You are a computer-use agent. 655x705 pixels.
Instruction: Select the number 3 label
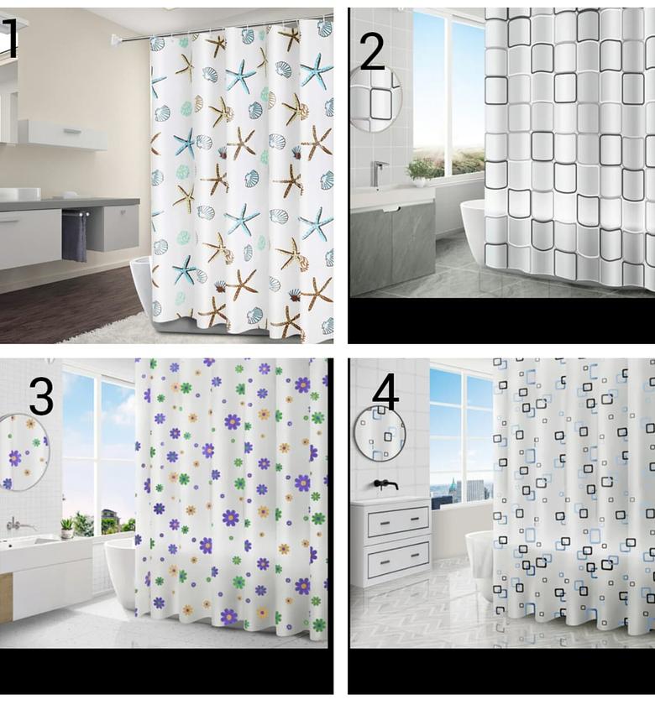(x=41, y=397)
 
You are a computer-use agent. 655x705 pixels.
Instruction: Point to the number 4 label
(x=385, y=391)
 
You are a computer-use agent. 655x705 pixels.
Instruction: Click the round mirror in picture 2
(x=375, y=98)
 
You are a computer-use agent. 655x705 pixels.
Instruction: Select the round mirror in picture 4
(x=379, y=433)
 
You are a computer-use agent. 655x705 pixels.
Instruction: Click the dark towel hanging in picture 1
(x=74, y=236)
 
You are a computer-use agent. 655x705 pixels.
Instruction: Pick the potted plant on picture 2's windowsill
(x=420, y=171)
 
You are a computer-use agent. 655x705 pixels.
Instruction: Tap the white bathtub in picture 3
(x=119, y=571)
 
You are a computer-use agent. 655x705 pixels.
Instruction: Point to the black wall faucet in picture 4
(x=385, y=484)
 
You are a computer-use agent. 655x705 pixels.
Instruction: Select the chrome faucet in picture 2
(x=379, y=172)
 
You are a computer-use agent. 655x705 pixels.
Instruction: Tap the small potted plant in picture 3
(x=66, y=528)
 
